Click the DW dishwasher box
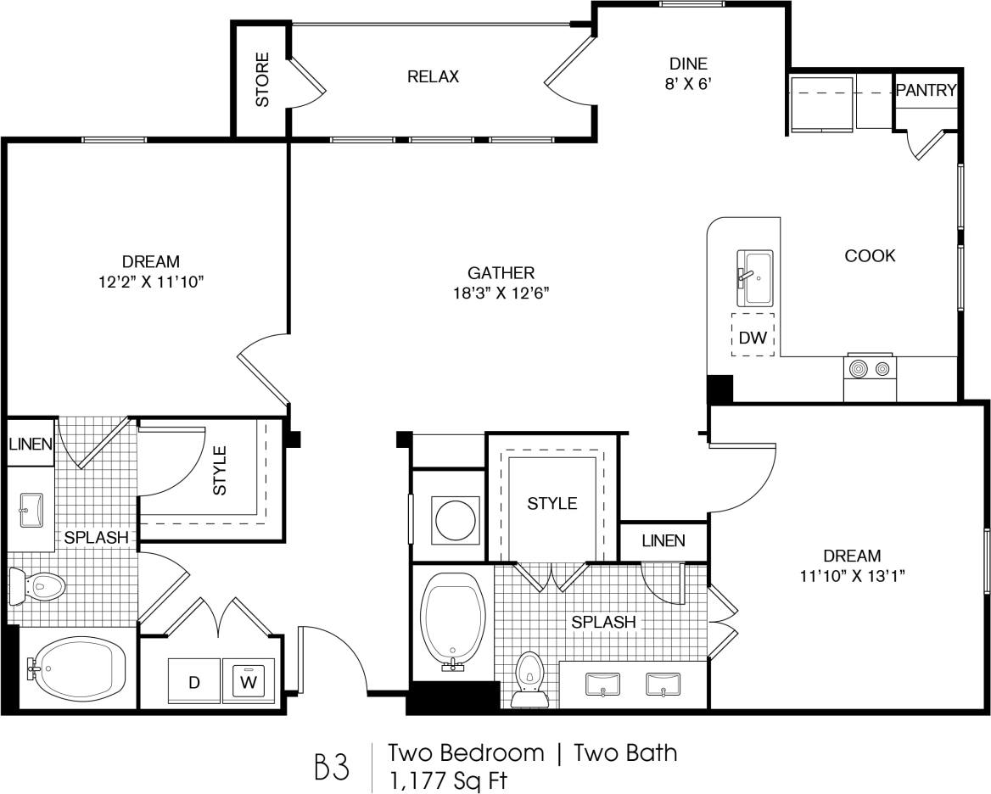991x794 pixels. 753,337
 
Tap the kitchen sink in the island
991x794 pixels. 755,277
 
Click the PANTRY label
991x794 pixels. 927,90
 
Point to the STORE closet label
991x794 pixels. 262,80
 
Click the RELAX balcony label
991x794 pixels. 433,76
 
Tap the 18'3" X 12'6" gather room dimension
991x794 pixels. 501,294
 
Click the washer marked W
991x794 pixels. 249,681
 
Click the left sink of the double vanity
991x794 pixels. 603,683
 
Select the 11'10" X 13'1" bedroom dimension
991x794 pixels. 852,576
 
